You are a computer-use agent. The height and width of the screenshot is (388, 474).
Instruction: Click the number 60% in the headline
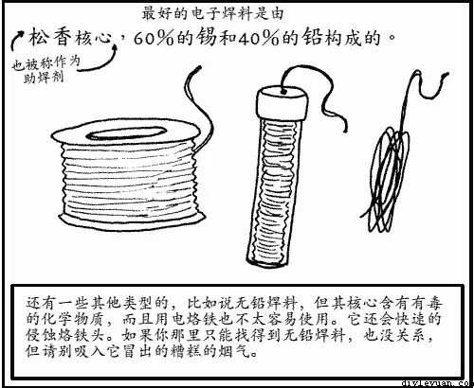pos(154,39)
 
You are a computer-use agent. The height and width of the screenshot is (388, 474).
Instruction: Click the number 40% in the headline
pos(259,39)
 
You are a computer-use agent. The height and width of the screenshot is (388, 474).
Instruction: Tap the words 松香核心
pos(70,38)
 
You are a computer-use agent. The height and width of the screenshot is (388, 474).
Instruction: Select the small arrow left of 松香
pos(16,40)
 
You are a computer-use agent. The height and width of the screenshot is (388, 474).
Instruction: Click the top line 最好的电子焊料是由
pos(212,13)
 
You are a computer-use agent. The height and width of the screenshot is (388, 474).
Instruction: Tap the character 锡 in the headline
pos(206,37)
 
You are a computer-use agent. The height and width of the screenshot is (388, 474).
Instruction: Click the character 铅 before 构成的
pos(312,37)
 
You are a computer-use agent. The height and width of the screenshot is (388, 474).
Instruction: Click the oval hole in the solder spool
pos(126,133)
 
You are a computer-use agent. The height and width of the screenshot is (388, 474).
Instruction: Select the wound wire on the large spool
pos(130,180)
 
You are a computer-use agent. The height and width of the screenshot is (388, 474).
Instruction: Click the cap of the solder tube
pos(282,103)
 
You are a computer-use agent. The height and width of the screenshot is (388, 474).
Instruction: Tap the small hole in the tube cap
pos(283,92)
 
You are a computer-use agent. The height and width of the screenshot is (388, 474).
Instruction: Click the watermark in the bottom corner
pos(438,383)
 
